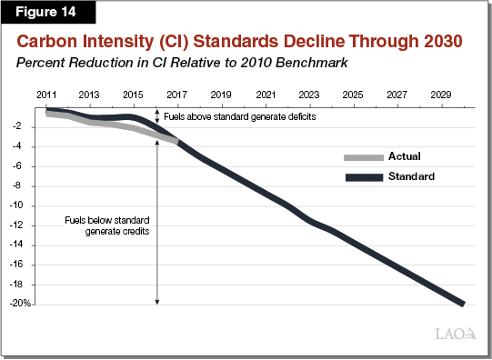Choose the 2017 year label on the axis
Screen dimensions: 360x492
(176, 95)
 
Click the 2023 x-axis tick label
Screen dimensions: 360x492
(308, 95)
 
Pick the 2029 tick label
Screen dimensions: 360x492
(440, 95)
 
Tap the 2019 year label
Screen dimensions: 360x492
(220, 95)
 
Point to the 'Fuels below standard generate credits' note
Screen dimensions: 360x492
(107, 226)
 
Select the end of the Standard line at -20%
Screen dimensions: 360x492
(463, 304)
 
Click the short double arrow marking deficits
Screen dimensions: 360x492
(158, 115)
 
